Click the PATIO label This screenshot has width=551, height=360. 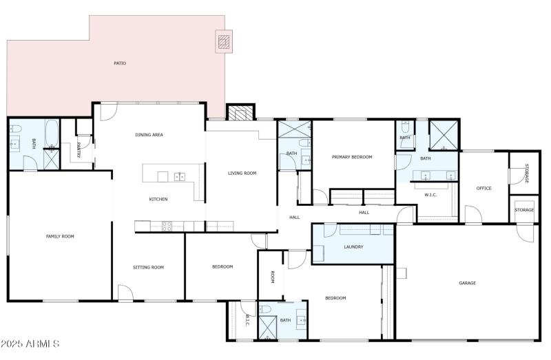click(120, 63)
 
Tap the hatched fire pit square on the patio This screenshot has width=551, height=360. click(224, 42)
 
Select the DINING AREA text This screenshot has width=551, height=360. click(149, 135)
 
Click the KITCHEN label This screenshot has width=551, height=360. click(158, 200)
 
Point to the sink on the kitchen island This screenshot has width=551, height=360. click(180, 177)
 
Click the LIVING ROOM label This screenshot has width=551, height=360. click(242, 173)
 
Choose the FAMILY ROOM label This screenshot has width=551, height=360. click(60, 236)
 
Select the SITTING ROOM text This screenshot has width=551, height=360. click(148, 267)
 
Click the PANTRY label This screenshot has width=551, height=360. click(79, 149)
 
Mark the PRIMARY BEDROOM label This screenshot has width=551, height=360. click(352, 157)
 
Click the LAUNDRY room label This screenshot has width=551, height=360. click(353, 246)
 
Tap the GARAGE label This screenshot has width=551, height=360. click(468, 283)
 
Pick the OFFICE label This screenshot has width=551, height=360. click(484, 188)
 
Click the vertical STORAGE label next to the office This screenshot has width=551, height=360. click(527, 173)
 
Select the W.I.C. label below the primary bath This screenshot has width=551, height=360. click(430, 195)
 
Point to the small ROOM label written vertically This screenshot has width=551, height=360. click(273, 277)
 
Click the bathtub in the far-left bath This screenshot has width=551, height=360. click(52, 134)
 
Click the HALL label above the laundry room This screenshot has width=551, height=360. click(364, 212)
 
